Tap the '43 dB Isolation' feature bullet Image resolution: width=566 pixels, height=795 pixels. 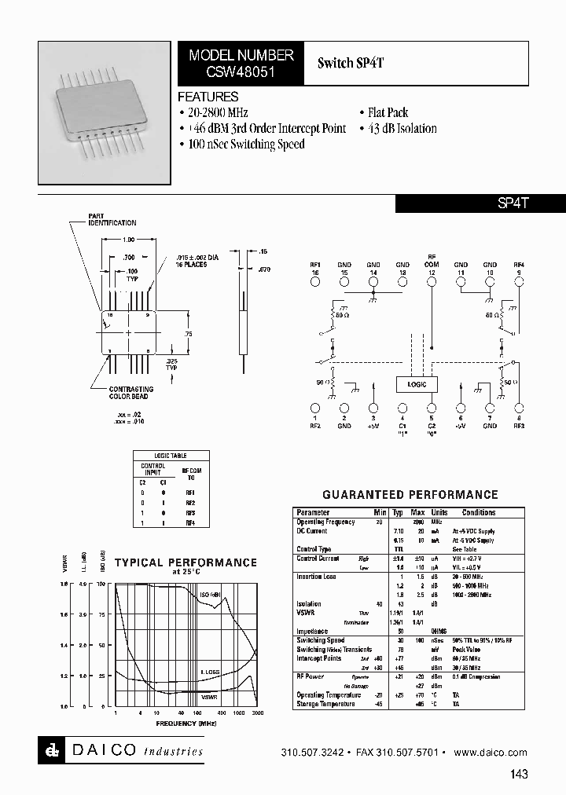pos(398,129)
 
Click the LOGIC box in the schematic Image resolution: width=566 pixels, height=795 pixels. pos(417,384)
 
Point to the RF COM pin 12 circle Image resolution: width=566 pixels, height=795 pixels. pos(432,280)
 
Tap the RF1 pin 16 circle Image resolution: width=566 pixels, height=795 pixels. pos(315,280)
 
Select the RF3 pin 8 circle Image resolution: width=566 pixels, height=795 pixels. pos(519,408)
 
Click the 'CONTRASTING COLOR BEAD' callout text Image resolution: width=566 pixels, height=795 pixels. pos(131,393)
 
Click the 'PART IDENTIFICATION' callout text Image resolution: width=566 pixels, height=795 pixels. pos(112,219)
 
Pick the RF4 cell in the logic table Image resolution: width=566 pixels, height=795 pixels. pos(190,522)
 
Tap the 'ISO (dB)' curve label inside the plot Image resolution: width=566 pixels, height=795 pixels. pos(210,595)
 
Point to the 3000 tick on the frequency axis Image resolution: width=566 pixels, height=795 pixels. pos(257,713)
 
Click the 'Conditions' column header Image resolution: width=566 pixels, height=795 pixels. pos(479,512)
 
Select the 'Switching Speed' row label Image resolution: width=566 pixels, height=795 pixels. pos(322,640)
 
